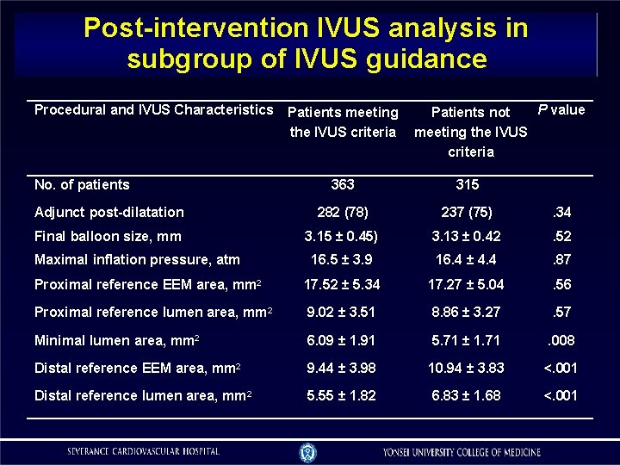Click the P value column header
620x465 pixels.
561,109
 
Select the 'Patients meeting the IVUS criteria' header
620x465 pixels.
343,121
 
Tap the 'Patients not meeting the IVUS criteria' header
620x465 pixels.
470,132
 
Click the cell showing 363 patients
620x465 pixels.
343,184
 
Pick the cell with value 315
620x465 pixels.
468,184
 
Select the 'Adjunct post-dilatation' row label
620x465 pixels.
108,212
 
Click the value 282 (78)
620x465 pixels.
343,212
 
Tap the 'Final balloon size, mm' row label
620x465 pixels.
107,236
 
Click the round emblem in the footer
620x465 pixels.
307,451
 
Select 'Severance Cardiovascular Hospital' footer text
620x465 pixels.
144,451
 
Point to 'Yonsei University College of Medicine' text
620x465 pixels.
462,452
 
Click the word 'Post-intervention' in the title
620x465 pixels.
191,28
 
